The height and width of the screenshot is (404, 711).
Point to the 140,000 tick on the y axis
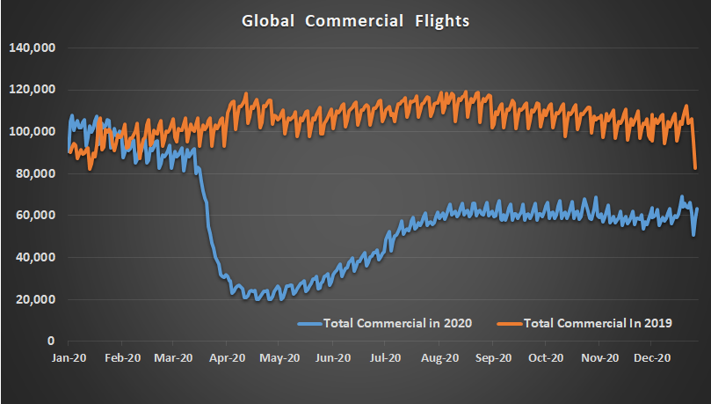[x=33, y=48]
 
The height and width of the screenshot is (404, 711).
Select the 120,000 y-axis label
[x=33, y=90]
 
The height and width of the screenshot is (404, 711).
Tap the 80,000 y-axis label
[x=35, y=173]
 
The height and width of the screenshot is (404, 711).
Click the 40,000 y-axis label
[x=35, y=257]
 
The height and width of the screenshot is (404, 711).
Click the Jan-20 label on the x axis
[x=69, y=358]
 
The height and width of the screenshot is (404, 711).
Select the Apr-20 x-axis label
[x=228, y=358]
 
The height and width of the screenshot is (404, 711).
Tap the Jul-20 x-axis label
[x=387, y=358]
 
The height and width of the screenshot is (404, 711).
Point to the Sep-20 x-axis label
[x=494, y=358]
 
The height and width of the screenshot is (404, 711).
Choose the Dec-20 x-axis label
[x=653, y=358]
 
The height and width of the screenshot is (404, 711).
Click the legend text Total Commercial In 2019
[x=598, y=324]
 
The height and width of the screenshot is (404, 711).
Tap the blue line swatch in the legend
[x=309, y=324]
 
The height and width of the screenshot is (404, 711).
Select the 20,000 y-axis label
[x=35, y=299]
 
